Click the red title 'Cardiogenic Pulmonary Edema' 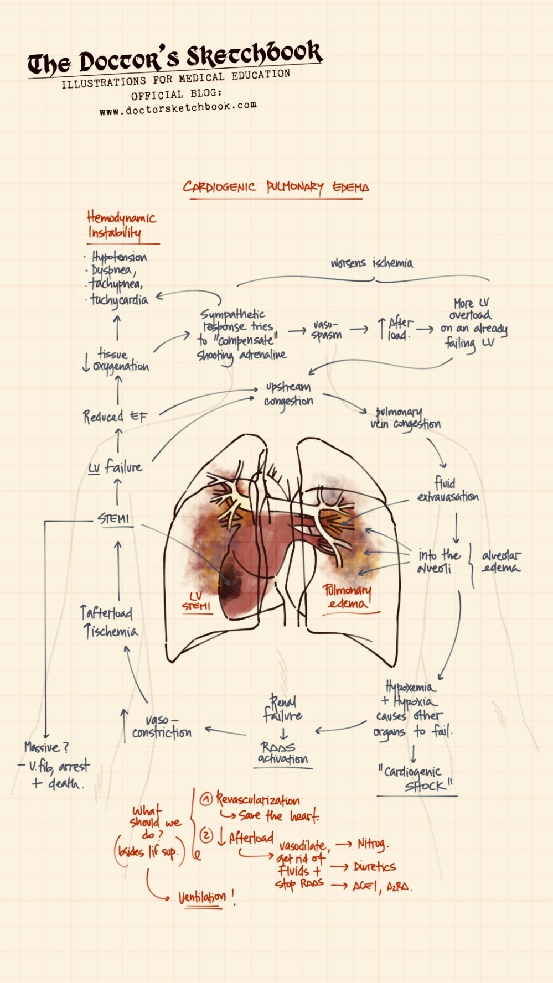[276, 187]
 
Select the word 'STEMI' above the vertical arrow [113, 518]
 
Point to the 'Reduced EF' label [115, 416]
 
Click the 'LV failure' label [116, 467]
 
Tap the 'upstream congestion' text [288, 393]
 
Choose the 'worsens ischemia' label [371, 263]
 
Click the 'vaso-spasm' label [326, 330]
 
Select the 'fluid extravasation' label [448, 490]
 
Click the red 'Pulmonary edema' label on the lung [348, 596]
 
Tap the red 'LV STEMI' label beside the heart [197, 601]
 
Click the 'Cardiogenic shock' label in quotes [416, 778]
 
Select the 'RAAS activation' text [283, 753]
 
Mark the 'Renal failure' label [283, 709]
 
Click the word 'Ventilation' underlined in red [202, 897]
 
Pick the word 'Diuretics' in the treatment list [375, 866]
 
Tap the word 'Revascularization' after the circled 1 [258, 800]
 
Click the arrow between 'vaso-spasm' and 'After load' [359, 330]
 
